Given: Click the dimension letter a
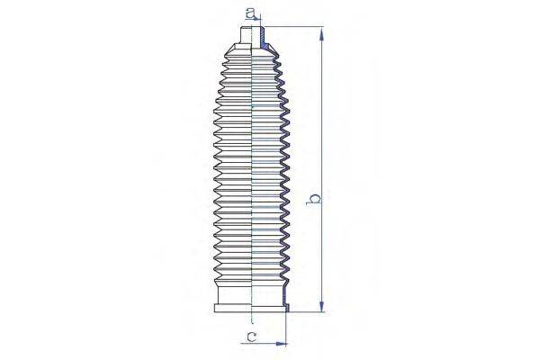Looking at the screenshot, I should (x=253, y=13).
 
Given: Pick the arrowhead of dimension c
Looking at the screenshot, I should (x=282, y=344).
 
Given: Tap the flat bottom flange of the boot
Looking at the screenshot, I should (x=251, y=309).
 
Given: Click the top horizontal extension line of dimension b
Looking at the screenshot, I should (x=292, y=28).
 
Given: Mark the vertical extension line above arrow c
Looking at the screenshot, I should (x=287, y=328).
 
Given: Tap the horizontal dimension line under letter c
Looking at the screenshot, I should (x=265, y=344).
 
